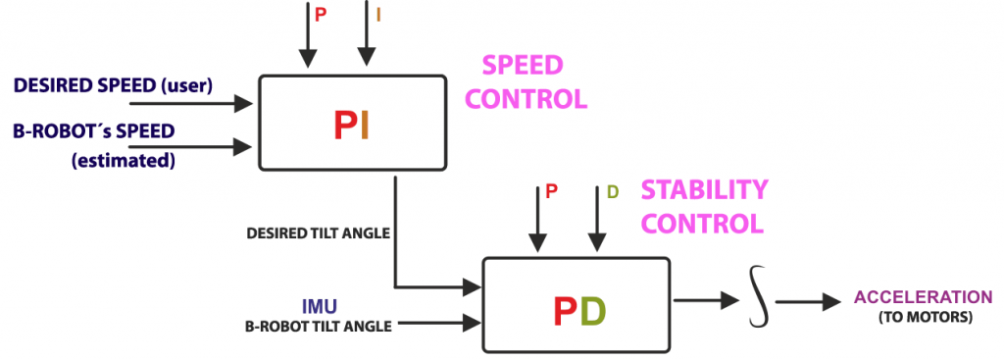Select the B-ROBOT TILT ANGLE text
click(318, 326)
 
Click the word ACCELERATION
click(923, 296)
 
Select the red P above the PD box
click(551, 193)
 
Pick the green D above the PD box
click(612, 193)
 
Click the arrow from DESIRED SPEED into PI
click(191, 101)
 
